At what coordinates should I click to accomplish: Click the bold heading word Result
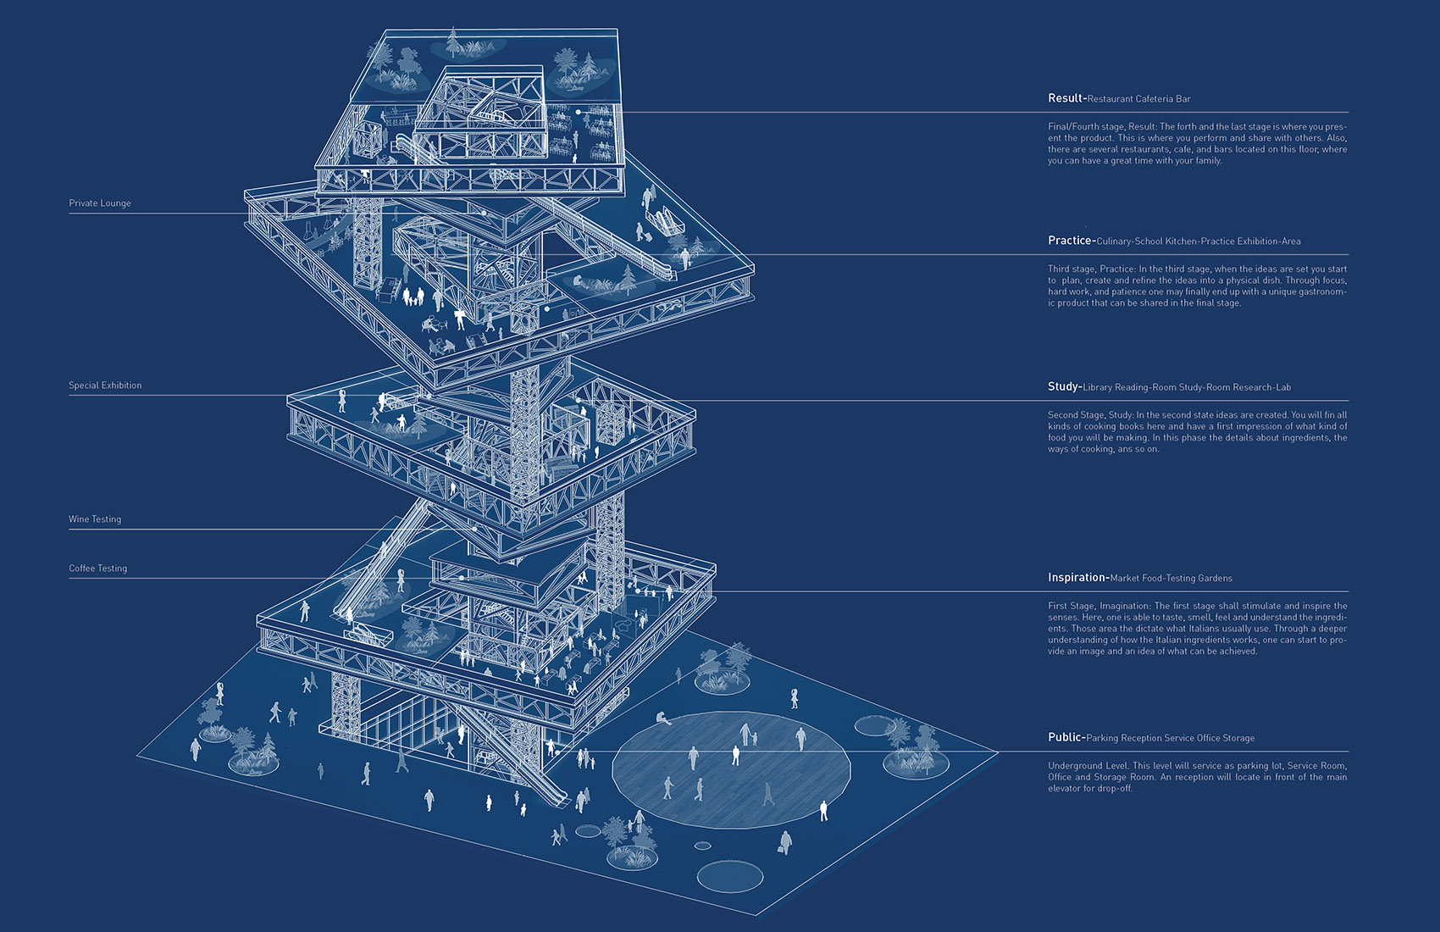click(x=1066, y=98)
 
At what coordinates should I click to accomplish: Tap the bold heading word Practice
click(x=1070, y=241)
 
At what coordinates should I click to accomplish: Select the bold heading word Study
click(x=1063, y=386)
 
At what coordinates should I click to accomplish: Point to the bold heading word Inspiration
click(x=1077, y=578)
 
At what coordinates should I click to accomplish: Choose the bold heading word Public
click(x=1065, y=737)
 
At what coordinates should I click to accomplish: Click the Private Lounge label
click(x=100, y=203)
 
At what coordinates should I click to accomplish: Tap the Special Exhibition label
click(x=105, y=386)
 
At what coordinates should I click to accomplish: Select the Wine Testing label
click(x=95, y=519)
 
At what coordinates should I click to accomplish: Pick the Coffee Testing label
click(x=97, y=568)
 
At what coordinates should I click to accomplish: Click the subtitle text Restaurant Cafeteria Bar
click(x=1139, y=99)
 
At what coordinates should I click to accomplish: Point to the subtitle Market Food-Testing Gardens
click(x=1171, y=578)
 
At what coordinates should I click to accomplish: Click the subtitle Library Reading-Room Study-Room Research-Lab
click(x=1187, y=387)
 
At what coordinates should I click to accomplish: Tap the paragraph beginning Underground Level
click(x=1198, y=777)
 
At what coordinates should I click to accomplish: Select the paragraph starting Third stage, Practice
click(x=1198, y=286)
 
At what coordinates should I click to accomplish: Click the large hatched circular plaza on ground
click(x=732, y=770)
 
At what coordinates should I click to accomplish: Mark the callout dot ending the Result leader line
click(x=578, y=112)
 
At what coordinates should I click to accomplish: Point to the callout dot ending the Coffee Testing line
click(x=462, y=578)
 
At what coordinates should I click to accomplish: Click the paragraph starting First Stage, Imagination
click(x=1198, y=629)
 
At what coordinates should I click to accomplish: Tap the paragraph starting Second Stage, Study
click(x=1198, y=431)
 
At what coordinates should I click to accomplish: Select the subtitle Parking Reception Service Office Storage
click(x=1170, y=738)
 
